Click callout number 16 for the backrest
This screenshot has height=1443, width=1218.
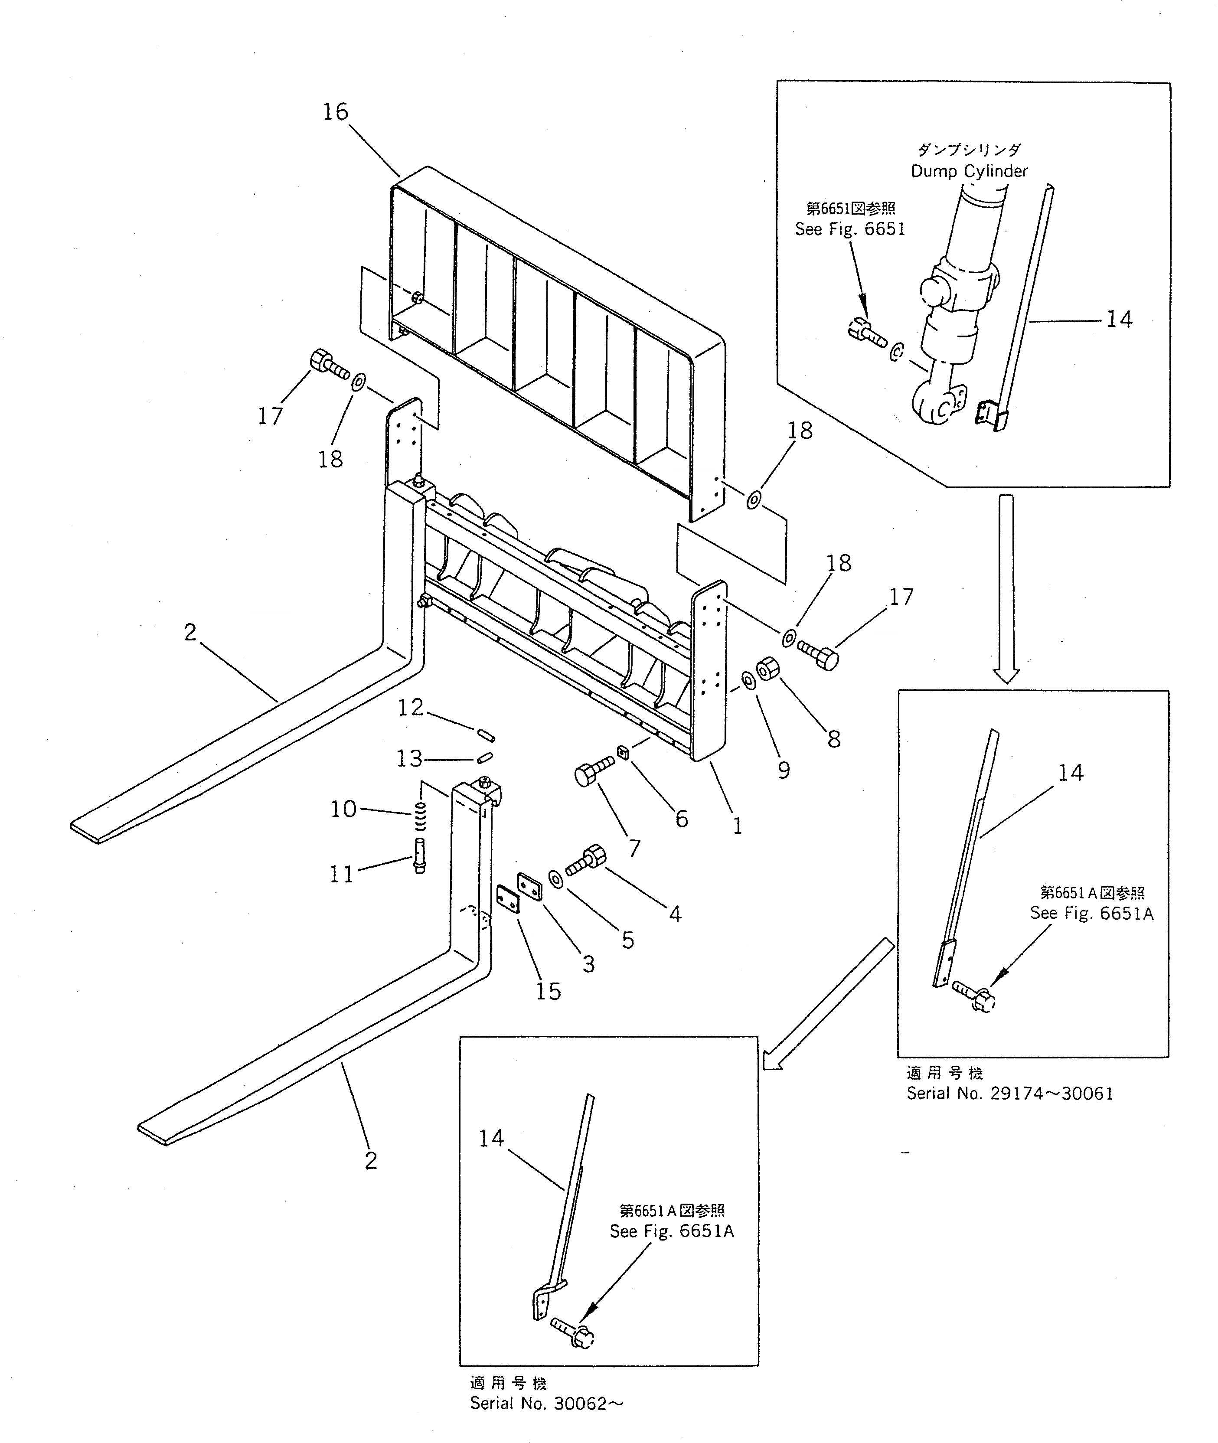click(336, 112)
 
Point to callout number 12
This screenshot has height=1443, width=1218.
click(410, 707)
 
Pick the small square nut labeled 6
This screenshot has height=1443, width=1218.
click(622, 752)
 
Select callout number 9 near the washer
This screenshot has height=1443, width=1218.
click(784, 770)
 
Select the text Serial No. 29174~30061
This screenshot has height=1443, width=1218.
click(1009, 1093)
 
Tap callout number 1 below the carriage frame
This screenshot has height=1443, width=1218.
click(738, 826)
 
